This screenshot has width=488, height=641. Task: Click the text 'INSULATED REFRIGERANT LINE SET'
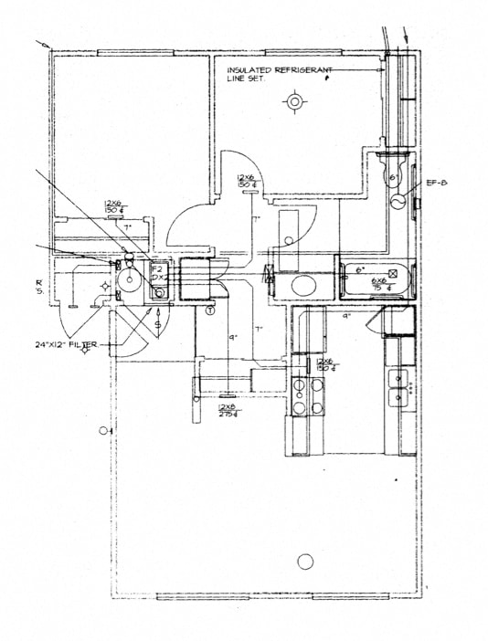pyautogui.click(x=273, y=73)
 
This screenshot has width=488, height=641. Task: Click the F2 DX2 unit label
pyautogui.click(x=157, y=273)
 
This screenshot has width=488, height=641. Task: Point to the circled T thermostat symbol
pyautogui.click(x=210, y=310)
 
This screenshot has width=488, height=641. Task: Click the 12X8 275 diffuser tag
pyautogui.click(x=227, y=410)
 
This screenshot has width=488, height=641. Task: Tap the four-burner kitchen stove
pyautogui.click(x=307, y=394)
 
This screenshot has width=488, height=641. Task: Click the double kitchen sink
pyautogui.click(x=399, y=387)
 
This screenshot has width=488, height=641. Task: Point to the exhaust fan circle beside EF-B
pyautogui.click(x=398, y=202)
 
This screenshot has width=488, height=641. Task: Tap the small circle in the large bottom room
pyautogui.click(x=305, y=561)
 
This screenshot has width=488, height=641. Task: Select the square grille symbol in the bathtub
pyautogui.click(x=395, y=272)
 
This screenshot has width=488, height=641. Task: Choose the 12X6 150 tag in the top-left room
pyautogui.click(x=113, y=207)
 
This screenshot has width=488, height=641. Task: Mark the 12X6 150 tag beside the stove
pyautogui.click(x=324, y=365)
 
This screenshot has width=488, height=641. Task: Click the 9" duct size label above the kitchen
pyautogui.click(x=347, y=315)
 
